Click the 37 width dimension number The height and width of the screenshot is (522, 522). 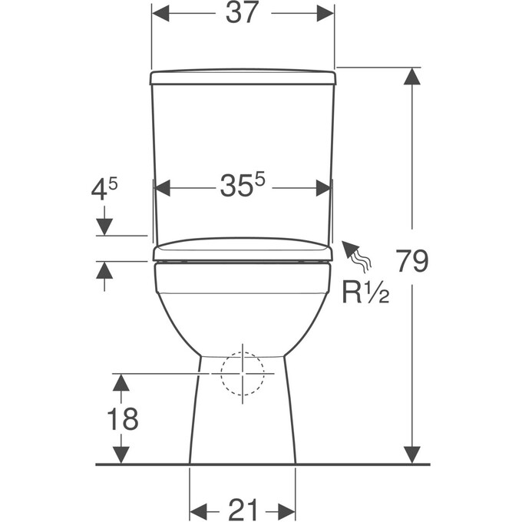pos(242,13)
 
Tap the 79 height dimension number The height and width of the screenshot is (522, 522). pos(412,261)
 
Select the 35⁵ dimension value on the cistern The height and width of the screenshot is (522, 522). pos(243,185)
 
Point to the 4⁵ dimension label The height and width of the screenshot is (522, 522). pos(104,189)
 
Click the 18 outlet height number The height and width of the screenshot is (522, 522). pos(123,418)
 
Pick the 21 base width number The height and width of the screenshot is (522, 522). pos(243,509)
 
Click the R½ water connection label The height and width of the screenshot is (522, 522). pos(365,293)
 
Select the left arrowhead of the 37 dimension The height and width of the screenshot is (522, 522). pos(160,13)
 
